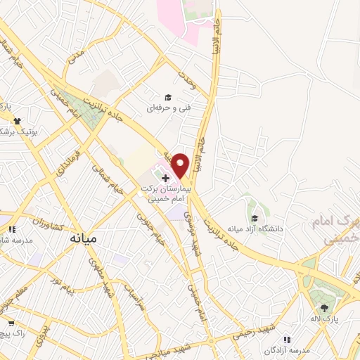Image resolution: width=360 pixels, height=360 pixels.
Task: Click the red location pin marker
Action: (181, 165)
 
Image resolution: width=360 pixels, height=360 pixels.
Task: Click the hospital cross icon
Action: (165, 179)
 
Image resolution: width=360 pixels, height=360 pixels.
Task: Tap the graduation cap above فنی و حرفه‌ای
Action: (168, 97)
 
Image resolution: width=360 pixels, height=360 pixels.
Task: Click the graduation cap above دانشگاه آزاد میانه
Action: (254, 217)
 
